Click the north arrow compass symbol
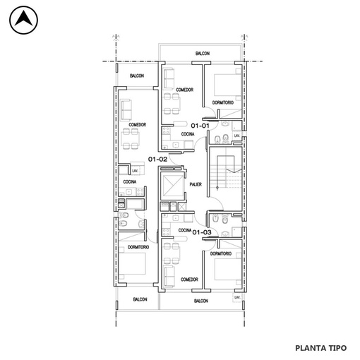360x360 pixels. click(x=23, y=20)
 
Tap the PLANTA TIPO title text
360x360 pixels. click(x=320, y=348)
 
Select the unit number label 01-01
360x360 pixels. click(x=200, y=126)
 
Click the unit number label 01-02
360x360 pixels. click(x=157, y=160)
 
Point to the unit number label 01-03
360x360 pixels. click(x=202, y=232)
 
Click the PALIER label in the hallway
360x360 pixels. click(x=196, y=184)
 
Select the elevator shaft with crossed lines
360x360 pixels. click(x=172, y=186)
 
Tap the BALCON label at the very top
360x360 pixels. click(x=203, y=54)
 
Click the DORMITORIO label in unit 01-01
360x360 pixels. click(x=223, y=102)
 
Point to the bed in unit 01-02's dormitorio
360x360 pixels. click(x=132, y=263)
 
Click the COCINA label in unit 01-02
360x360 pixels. click(x=130, y=181)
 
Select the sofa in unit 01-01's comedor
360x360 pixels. click(x=169, y=79)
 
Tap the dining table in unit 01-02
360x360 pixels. click(x=130, y=139)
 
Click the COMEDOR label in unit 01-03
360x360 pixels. click(x=189, y=280)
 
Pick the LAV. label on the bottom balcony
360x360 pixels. click(x=237, y=297)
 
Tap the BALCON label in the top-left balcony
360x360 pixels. click(x=137, y=76)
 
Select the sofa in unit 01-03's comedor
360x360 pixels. click(x=169, y=276)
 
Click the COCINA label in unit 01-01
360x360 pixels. click(x=188, y=134)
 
